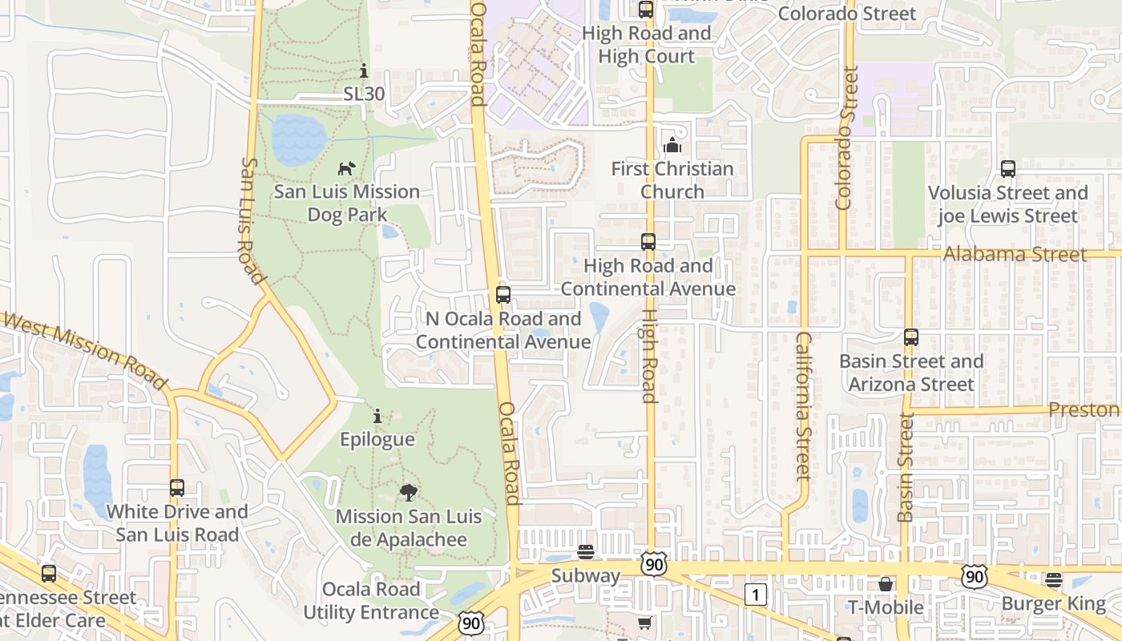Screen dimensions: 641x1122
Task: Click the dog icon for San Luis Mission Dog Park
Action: [x=346, y=168]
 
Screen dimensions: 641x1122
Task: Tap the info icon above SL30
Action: [x=364, y=71]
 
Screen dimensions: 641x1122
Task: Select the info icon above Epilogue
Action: [x=377, y=417]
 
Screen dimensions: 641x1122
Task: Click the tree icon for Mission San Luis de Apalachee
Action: [x=409, y=492]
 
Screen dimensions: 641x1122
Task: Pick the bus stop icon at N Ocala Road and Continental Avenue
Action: [x=503, y=294]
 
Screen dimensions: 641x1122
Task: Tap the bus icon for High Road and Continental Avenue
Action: [x=648, y=242]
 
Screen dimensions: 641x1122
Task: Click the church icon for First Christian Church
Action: [x=672, y=145]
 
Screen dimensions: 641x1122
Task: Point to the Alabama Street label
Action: [x=1015, y=254]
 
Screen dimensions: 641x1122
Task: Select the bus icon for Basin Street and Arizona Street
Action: [x=911, y=337]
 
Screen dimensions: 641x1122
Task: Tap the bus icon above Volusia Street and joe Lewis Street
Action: [x=1008, y=169]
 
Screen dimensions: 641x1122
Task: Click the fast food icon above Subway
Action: [x=586, y=552]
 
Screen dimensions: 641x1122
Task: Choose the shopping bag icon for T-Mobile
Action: [x=886, y=584]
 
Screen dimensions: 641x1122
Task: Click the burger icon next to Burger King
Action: [x=1054, y=580]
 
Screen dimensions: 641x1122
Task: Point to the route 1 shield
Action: [x=756, y=595]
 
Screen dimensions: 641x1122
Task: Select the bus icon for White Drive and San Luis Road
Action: [x=177, y=487]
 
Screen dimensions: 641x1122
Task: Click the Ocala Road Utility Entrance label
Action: [x=371, y=601]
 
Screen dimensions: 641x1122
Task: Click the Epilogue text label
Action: [x=377, y=439]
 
